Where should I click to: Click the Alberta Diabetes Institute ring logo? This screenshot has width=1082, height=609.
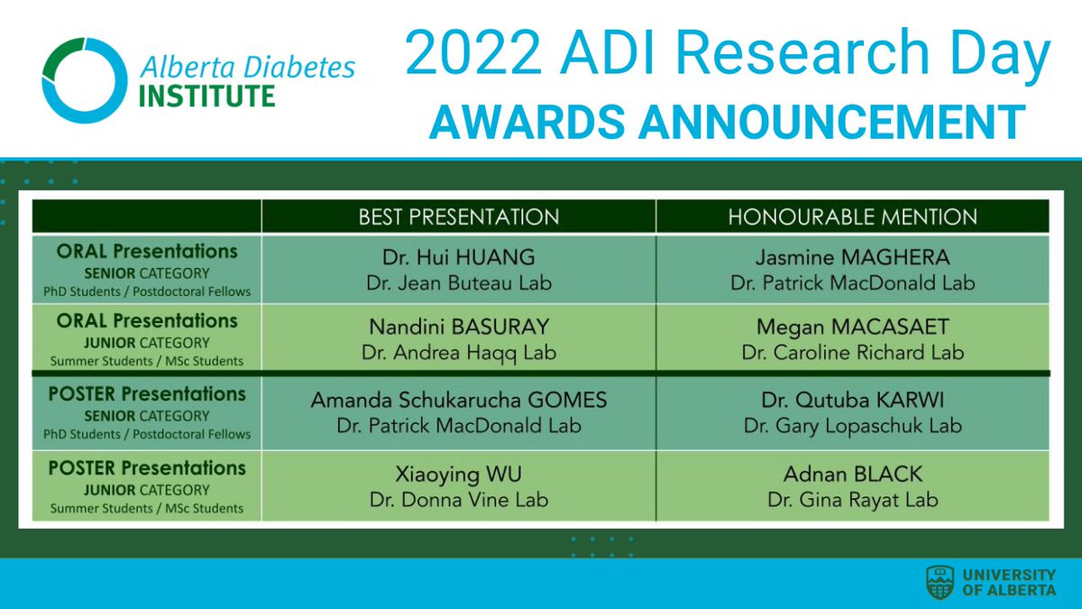[x=84, y=80]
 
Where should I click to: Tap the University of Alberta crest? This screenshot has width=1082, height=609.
[x=940, y=582]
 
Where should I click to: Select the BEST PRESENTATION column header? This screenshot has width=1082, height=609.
[x=459, y=217]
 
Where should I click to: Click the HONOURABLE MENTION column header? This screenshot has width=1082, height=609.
[x=852, y=217]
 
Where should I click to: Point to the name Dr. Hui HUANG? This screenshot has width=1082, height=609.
[x=459, y=256]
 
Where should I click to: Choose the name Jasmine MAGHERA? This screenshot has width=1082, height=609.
[x=852, y=256]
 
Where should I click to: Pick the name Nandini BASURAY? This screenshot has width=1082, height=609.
[x=459, y=326]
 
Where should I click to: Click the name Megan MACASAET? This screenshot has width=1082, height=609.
[x=852, y=326]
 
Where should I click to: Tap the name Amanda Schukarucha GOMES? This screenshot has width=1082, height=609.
[x=459, y=400]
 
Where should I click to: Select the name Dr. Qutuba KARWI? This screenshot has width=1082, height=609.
[x=852, y=400]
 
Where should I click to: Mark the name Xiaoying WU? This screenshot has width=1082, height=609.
[x=459, y=474]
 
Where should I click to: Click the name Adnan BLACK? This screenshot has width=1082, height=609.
[x=852, y=474]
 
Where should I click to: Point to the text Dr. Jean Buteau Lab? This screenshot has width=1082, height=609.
[x=459, y=283]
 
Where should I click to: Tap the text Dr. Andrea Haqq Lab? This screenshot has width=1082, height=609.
[x=459, y=353]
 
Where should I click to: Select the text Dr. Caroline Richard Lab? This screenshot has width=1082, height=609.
[x=852, y=353]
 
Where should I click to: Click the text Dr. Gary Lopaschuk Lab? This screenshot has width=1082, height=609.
[x=852, y=426]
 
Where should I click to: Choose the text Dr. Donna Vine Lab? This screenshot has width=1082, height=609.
[x=459, y=500]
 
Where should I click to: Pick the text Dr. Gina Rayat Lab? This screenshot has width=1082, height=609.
[x=852, y=500]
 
